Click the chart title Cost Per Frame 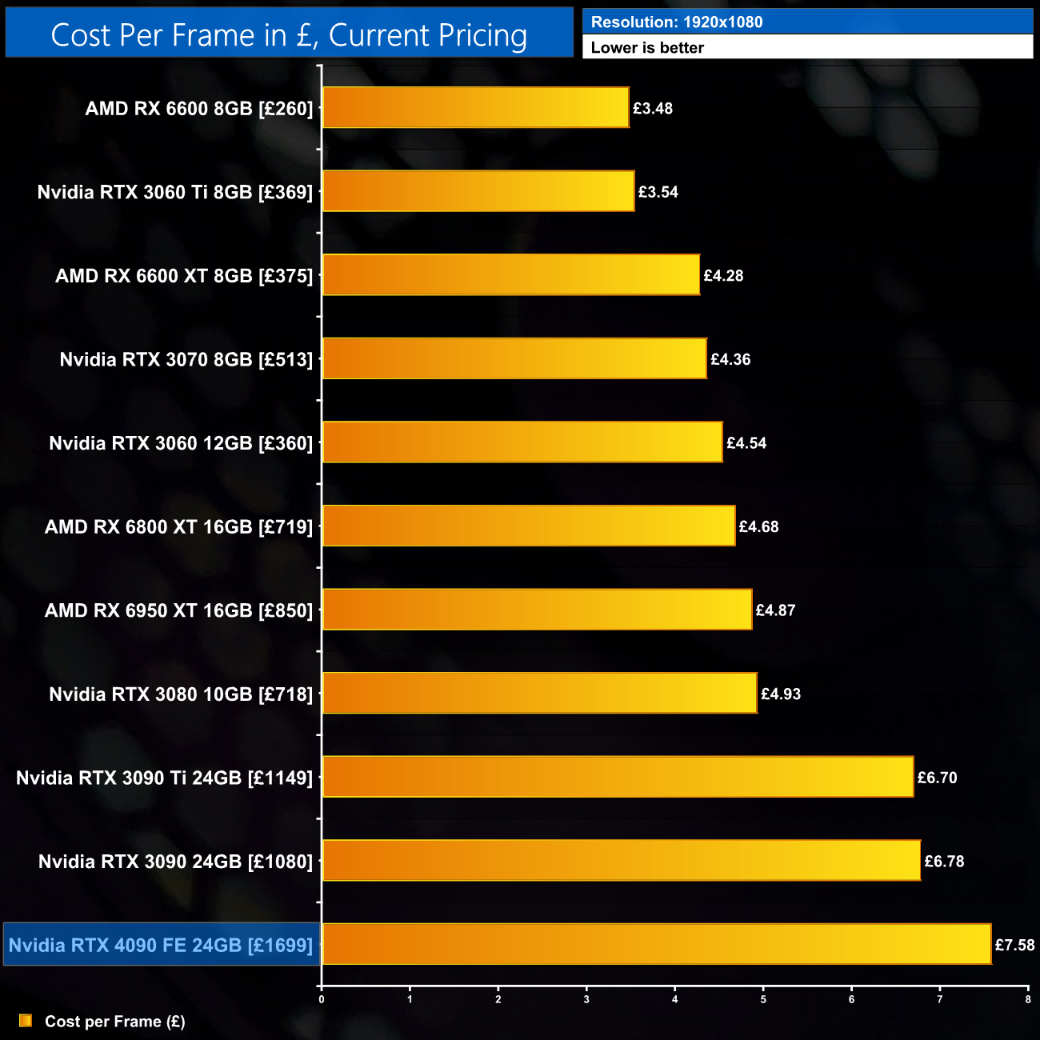click(x=289, y=35)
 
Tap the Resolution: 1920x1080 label click(x=676, y=22)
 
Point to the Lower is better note click(x=647, y=47)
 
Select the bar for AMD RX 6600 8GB click(x=475, y=108)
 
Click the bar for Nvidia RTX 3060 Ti click(x=478, y=191)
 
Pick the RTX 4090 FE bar click(x=656, y=944)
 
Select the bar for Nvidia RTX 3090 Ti click(x=618, y=777)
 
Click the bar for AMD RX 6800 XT click(x=528, y=526)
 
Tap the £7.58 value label click(x=1014, y=945)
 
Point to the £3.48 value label click(x=653, y=109)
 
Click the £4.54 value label click(x=746, y=443)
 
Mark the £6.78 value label click(x=944, y=862)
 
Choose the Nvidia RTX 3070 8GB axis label click(x=186, y=360)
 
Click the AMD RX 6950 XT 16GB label click(x=179, y=610)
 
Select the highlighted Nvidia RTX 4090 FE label click(x=161, y=945)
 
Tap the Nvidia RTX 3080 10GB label click(x=181, y=694)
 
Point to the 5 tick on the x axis click(x=763, y=999)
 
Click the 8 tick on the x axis click(x=1028, y=999)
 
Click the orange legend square click(x=26, y=1021)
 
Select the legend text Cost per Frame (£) click(x=115, y=1022)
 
